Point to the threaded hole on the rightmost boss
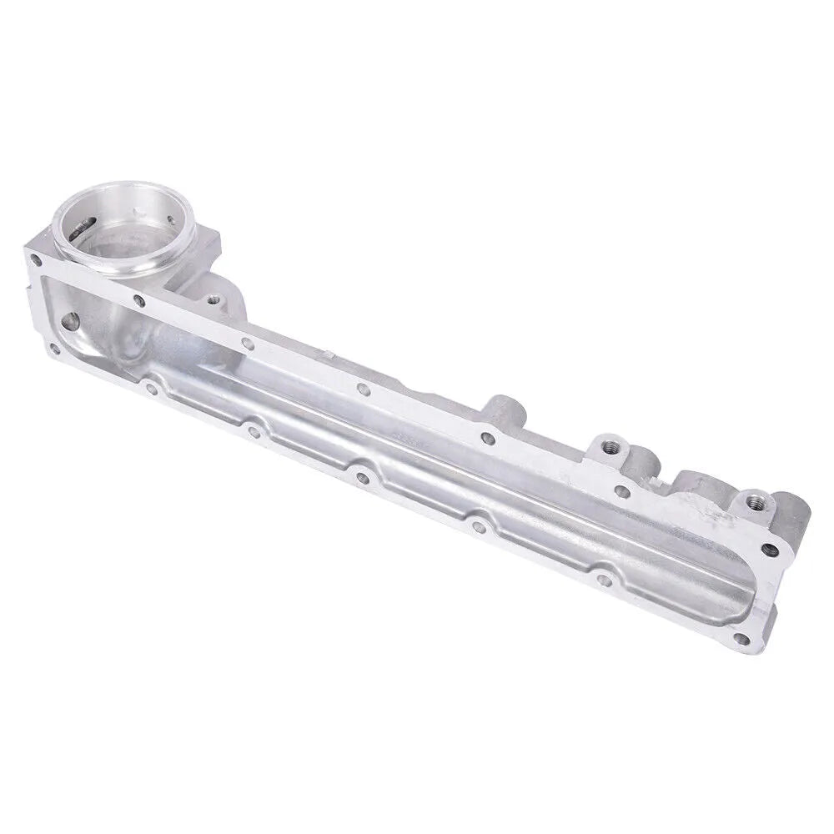pos(754,501)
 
